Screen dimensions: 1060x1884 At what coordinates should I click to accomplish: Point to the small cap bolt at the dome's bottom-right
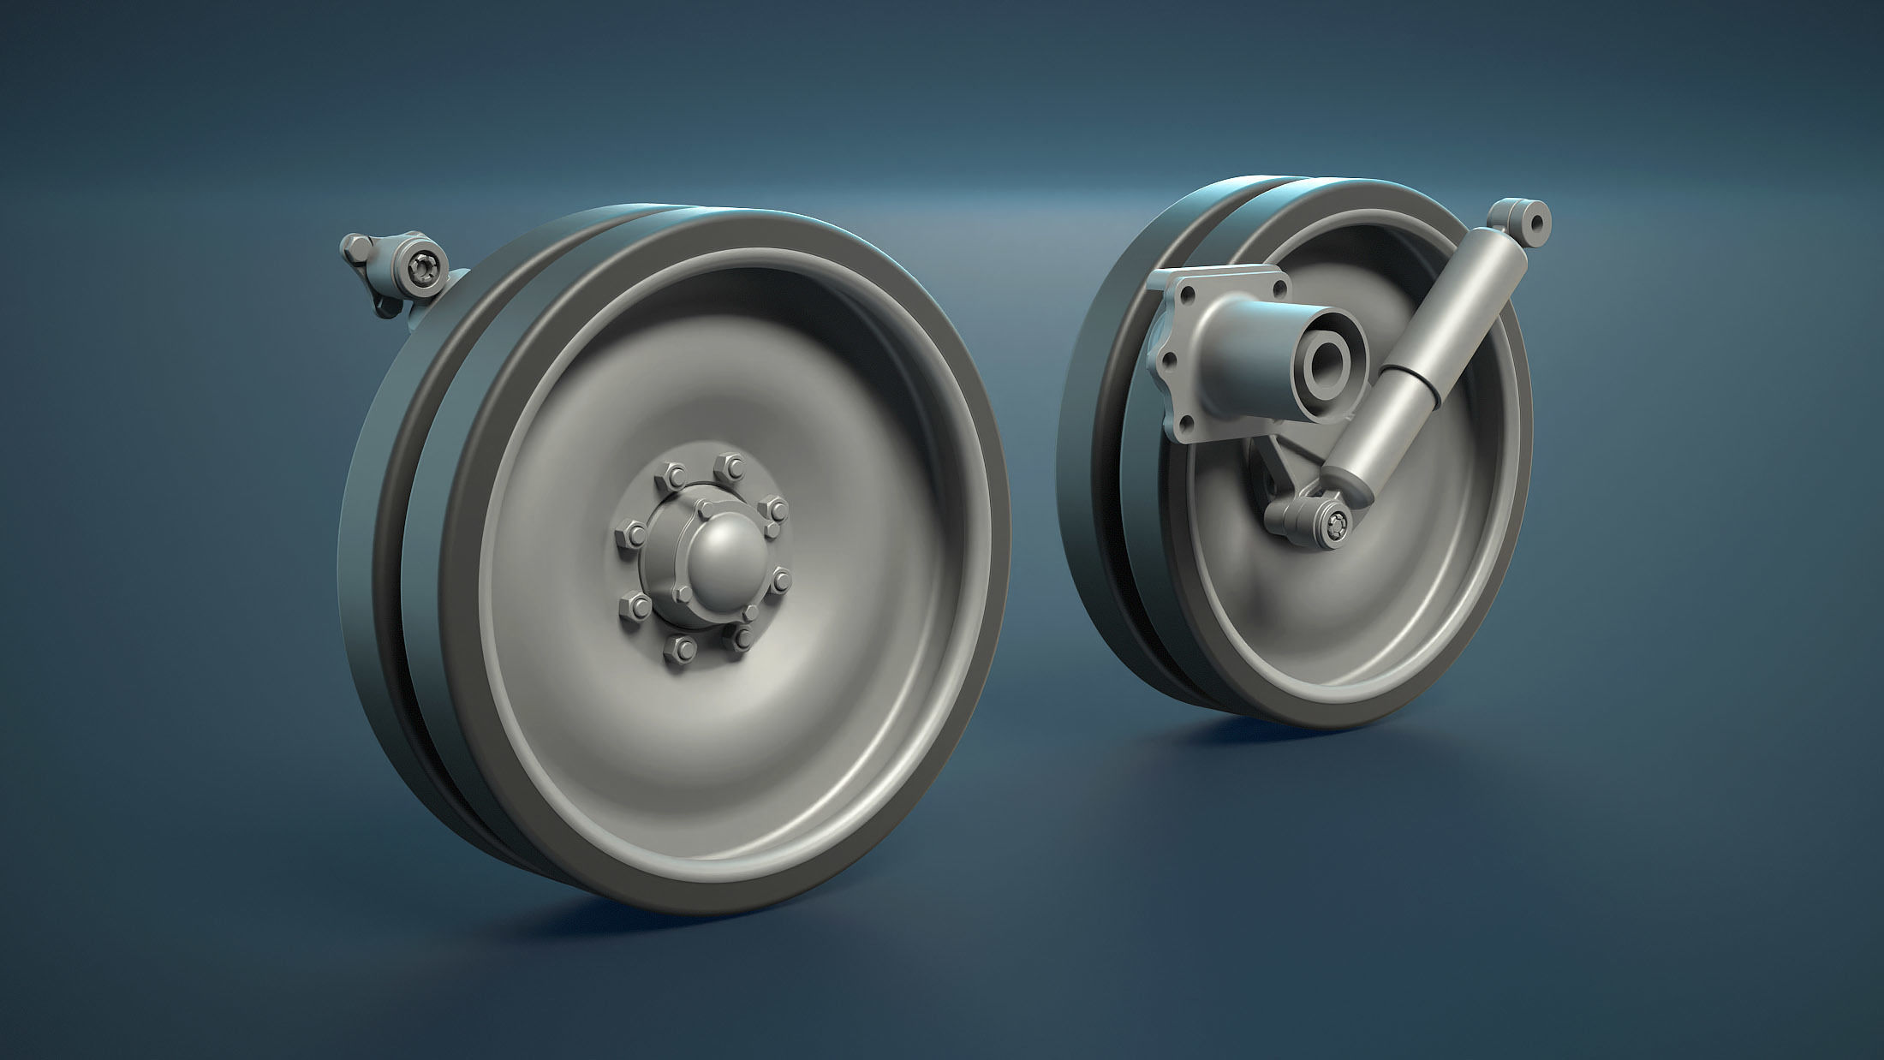[750, 612]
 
